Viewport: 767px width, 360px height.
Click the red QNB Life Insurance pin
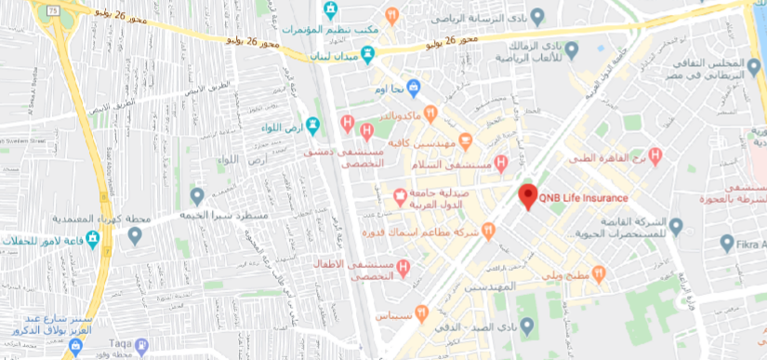[x=528, y=196]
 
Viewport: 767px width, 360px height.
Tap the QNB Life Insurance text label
[x=584, y=197]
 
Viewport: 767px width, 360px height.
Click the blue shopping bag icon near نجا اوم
[x=415, y=87]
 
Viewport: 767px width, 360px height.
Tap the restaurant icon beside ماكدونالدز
[x=430, y=113]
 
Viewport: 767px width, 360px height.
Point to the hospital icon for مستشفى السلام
[x=501, y=163]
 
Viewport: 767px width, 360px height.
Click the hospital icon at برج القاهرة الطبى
[x=655, y=155]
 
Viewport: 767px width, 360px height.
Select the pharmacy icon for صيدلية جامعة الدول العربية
[x=400, y=196]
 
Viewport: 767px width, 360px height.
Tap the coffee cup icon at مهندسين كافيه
[x=465, y=139]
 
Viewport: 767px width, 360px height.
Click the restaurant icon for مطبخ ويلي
[x=599, y=274]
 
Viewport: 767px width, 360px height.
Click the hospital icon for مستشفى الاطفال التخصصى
[x=403, y=269]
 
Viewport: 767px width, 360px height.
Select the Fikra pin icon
[x=728, y=243]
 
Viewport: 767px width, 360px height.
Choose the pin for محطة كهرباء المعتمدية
[x=197, y=196]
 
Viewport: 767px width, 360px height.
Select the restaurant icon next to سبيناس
[x=423, y=313]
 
